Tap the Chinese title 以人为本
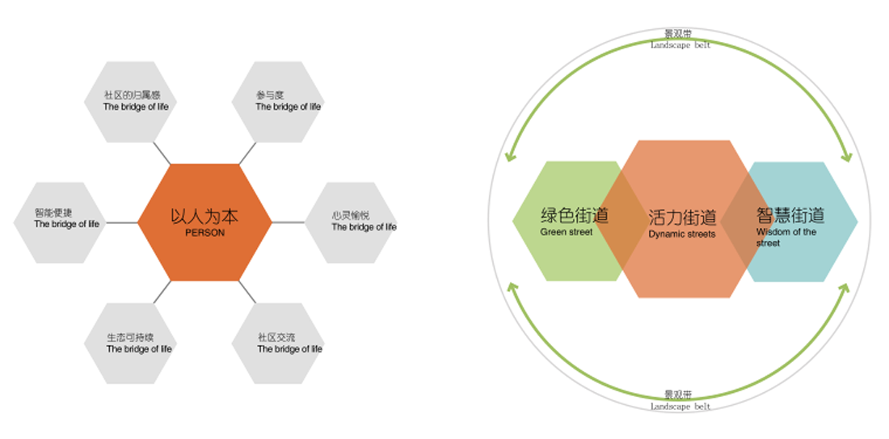pyautogui.click(x=204, y=217)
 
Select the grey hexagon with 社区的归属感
pyautogui.click(x=129, y=102)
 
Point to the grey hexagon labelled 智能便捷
pyautogui.click(x=60, y=222)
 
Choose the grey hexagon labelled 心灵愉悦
pyautogui.click(x=352, y=222)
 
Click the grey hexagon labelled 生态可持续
pyautogui.click(x=129, y=343)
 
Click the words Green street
pyautogui.click(x=567, y=232)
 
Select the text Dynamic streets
pyautogui.click(x=681, y=234)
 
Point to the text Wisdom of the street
pyautogui.click(x=786, y=237)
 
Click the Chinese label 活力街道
pyautogui.click(x=682, y=217)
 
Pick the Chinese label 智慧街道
pyautogui.click(x=790, y=216)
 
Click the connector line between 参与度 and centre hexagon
pyautogui.click(x=247, y=154)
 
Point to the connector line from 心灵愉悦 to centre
pyautogui.click(x=289, y=222)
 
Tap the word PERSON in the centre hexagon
pyautogui.click(x=204, y=233)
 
